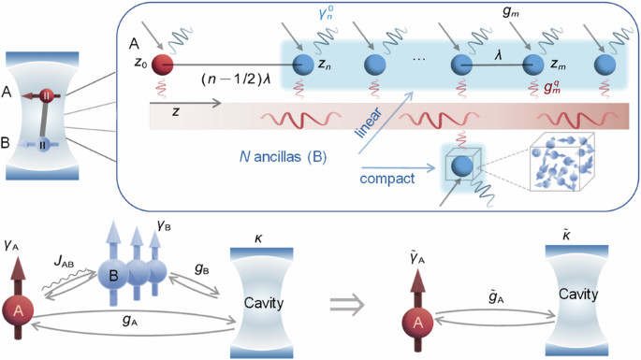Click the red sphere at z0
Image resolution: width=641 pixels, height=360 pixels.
[163, 65]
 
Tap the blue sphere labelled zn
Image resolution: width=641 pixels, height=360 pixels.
[302, 65]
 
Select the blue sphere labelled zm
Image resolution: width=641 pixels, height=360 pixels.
[533, 65]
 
